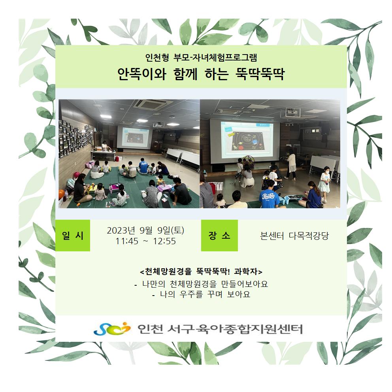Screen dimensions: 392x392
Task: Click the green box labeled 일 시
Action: click(x=72, y=235)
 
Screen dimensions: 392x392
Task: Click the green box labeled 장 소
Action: click(x=219, y=235)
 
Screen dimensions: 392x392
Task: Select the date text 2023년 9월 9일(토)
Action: click(x=145, y=230)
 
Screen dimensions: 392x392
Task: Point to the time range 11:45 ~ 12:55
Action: click(x=145, y=241)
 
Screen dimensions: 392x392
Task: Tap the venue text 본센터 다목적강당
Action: click(x=294, y=236)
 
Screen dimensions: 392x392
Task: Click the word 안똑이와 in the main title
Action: click(x=142, y=74)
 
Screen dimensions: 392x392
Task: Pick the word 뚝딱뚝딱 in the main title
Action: click(x=260, y=74)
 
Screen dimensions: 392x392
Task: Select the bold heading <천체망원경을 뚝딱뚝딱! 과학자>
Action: click(x=201, y=271)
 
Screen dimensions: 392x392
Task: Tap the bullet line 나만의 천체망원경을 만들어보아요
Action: click(x=201, y=284)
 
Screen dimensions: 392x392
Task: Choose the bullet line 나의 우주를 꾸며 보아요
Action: click(x=201, y=294)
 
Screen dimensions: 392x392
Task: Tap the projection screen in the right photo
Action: click(x=245, y=141)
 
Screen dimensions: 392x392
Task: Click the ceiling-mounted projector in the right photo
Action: click(x=290, y=112)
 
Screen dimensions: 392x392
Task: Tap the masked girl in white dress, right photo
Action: click(x=324, y=183)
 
